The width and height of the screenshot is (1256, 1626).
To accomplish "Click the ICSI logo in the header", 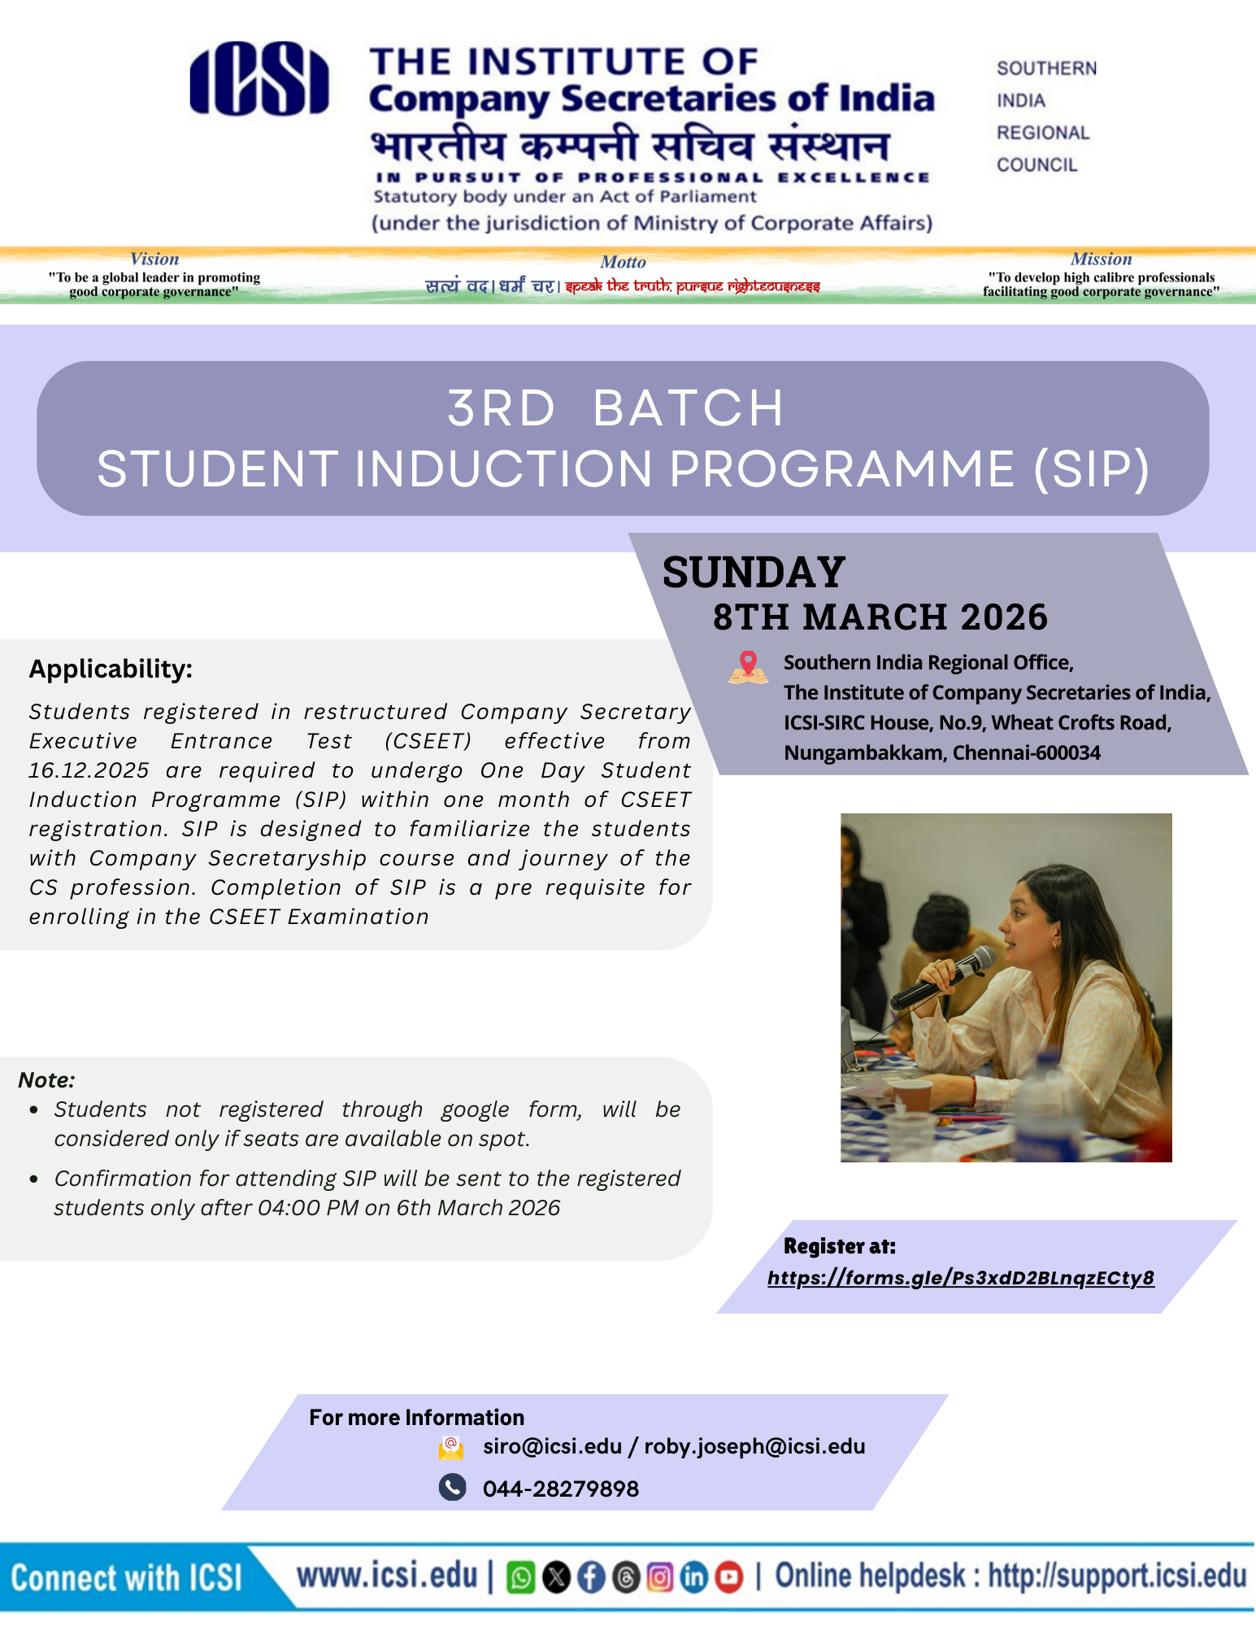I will [x=259, y=79].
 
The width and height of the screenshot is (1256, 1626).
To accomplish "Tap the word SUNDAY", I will [x=754, y=573].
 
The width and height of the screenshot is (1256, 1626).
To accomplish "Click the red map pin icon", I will [x=748, y=666].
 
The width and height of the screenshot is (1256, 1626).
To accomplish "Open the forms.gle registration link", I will [x=960, y=1278].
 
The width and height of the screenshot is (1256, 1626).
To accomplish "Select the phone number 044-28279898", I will [x=560, y=1489].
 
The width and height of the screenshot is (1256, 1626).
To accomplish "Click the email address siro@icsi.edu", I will [x=552, y=1446].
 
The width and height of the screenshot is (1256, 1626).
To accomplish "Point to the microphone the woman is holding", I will [x=943, y=979].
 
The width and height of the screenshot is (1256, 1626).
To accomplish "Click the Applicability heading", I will [x=111, y=669].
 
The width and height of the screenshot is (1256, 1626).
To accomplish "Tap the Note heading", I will [x=46, y=1079].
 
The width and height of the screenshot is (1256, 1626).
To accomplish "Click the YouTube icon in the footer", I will [x=729, y=1578].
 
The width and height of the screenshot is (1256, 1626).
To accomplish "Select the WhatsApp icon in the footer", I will [x=520, y=1578].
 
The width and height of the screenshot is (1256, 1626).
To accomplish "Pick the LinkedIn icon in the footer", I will [x=694, y=1578].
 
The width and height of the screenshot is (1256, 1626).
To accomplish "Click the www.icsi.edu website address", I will [x=386, y=1576].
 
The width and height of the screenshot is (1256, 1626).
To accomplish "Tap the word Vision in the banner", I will [x=154, y=259].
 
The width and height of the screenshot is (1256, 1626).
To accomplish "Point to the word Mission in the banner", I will [x=1101, y=259].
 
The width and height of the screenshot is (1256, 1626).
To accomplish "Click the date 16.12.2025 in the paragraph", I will [x=89, y=770].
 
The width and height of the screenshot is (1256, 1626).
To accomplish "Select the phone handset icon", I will [x=452, y=1487].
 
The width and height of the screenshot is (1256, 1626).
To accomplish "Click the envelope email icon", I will [x=451, y=1447].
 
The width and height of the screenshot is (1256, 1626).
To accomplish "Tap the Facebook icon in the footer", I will [x=591, y=1578].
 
